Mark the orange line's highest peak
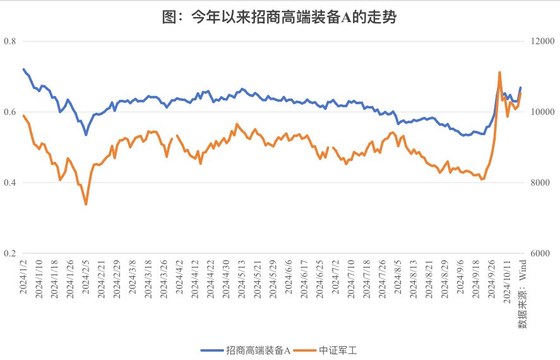[499, 73]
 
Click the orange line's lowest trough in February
[86, 204]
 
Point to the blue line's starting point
[23, 69]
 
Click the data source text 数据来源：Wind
[523, 297]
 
